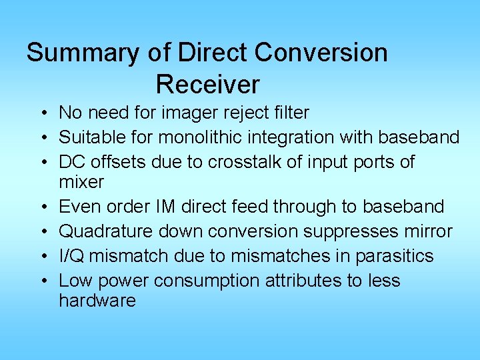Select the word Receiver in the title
coord(207,85)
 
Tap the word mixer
coord(81,182)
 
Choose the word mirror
coord(430,231)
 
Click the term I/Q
coord(71,256)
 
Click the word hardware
coord(97,301)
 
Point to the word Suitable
coord(87,137)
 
